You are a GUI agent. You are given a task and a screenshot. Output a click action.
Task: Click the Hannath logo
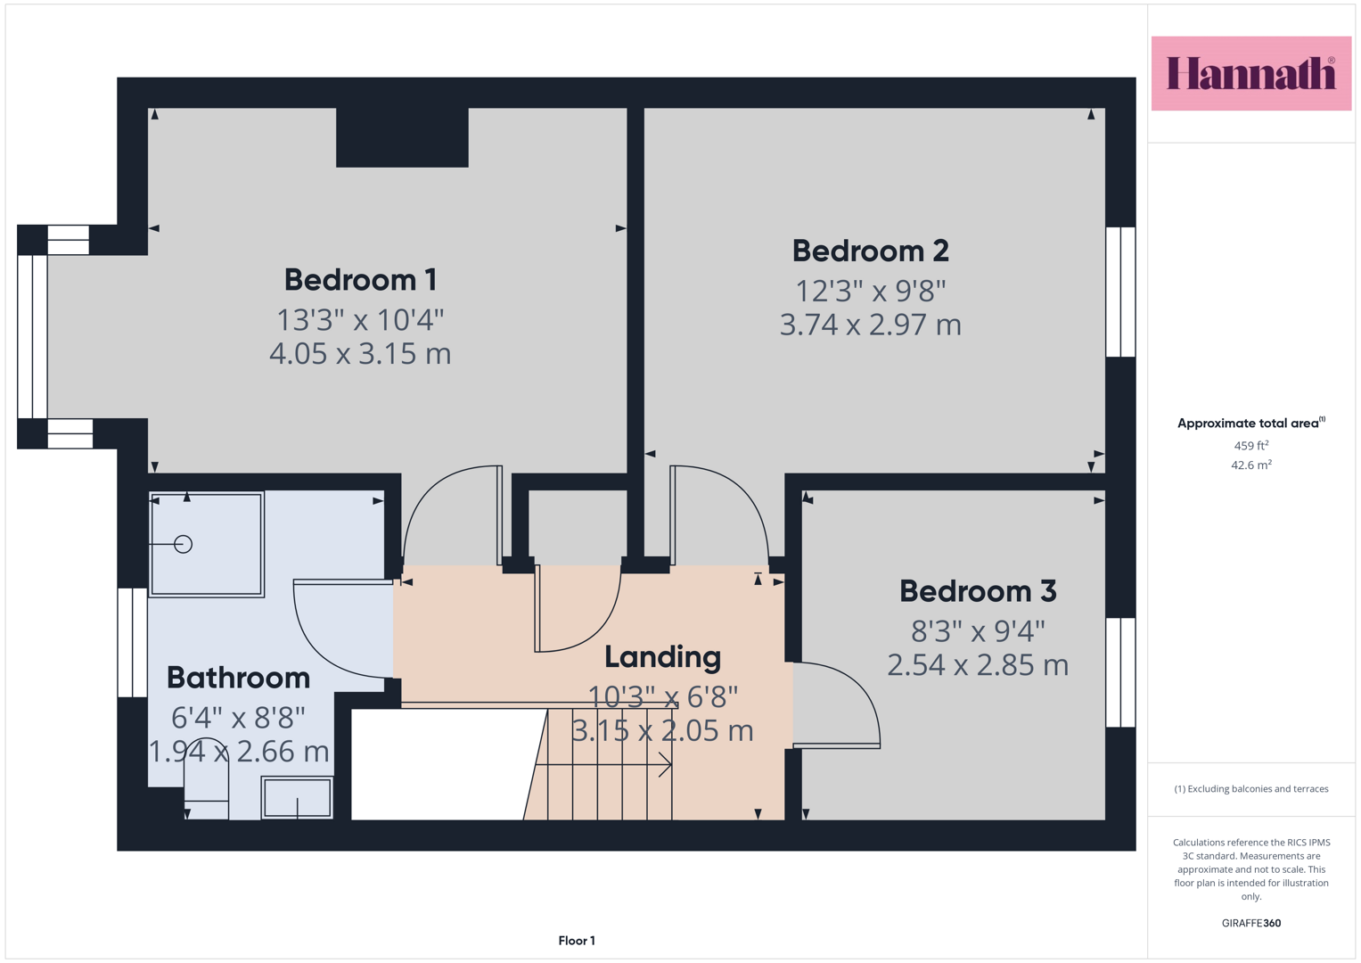tap(1251, 73)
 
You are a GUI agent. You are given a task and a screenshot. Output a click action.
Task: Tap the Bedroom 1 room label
tap(361, 280)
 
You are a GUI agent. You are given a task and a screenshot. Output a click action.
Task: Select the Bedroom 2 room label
tap(870, 251)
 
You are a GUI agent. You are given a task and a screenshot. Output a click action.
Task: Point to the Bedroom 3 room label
tap(978, 591)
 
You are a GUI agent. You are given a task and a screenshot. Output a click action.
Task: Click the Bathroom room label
tap(238, 678)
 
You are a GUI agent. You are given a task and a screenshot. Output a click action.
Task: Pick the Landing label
tap(662, 658)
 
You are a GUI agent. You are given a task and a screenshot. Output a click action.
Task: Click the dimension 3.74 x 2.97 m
tap(870, 325)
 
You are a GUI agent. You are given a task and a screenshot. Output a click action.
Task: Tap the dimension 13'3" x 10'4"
tap(360, 320)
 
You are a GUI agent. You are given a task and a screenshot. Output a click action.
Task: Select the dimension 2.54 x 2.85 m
tap(978, 665)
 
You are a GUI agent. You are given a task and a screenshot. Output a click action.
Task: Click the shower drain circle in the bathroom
tap(183, 544)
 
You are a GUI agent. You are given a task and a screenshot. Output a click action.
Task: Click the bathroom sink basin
tap(297, 798)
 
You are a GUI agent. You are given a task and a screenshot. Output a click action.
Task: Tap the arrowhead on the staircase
tap(667, 765)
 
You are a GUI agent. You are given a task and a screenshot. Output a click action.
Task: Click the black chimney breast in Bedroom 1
tap(402, 137)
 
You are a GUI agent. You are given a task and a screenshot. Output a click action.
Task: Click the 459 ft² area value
tap(1251, 446)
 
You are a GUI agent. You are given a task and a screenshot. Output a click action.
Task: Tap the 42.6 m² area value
tap(1251, 465)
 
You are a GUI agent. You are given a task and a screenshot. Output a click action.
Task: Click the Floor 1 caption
tap(577, 941)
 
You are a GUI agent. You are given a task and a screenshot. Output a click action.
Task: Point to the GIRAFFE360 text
tap(1251, 923)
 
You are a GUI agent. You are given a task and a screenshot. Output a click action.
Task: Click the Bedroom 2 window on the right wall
tap(1120, 292)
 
